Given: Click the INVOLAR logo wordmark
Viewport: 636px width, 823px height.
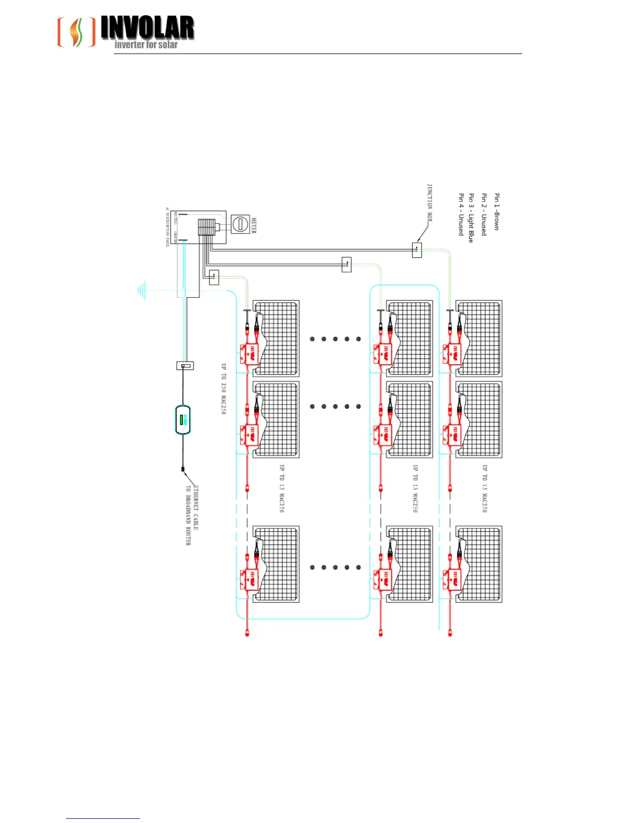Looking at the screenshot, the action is pos(147,28).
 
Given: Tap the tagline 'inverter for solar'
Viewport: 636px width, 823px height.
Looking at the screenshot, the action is pos(146,45).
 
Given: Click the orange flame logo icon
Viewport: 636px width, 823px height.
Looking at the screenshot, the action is pos(76,32).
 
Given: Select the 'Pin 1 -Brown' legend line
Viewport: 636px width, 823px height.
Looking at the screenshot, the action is pos(497,212).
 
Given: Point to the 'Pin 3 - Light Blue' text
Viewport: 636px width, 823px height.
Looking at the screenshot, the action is pos(471,218).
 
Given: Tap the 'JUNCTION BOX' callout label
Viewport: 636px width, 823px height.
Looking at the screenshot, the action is pos(430,203).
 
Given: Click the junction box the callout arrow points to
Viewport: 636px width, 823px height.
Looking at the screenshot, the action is pos(417,250).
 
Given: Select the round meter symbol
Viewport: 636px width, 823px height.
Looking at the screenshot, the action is pos(240,225).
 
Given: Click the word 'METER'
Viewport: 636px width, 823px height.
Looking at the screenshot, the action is pos(254,225).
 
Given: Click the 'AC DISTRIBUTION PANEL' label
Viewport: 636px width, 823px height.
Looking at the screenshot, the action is pos(168,228).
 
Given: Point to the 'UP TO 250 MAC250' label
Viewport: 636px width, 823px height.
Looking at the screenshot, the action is pos(224,389).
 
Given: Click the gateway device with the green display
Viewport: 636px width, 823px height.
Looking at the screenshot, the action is pos(183,420).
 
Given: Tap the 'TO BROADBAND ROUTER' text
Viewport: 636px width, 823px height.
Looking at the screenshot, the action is pos(188,515).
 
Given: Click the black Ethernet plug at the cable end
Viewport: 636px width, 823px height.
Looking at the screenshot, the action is pos(183,470).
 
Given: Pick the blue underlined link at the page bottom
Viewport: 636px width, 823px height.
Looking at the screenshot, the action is pos(103,818).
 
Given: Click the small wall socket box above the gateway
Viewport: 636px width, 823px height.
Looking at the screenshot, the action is pos(186,366).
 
